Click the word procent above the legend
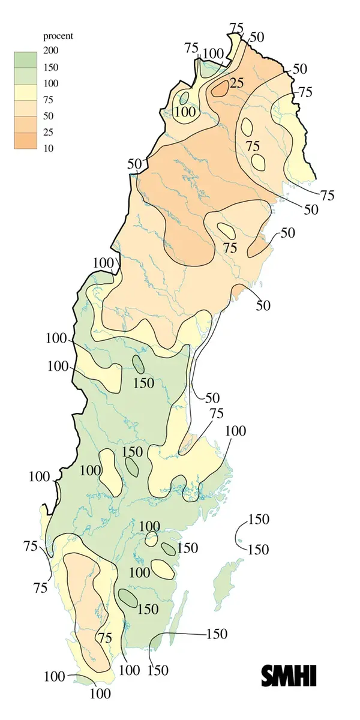(x=58, y=37)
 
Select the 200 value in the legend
(x=50, y=50)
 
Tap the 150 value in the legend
(x=50, y=67)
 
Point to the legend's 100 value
(x=50, y=83)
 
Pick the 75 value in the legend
(x=48, y=99)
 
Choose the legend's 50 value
(x=48, y=115)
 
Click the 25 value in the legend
(x=48, y=131)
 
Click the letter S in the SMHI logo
(x=268, y=676)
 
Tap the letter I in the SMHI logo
(x=311, y=676)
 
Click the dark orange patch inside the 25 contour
(x=220, y=89)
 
